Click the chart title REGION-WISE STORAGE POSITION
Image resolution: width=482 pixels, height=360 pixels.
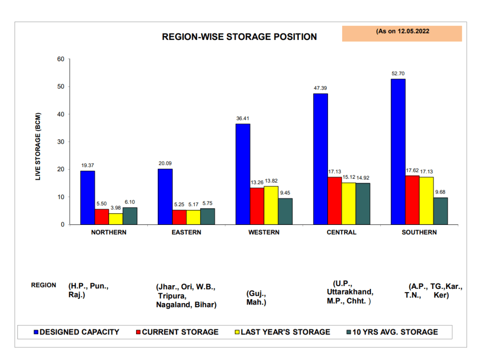click(239, 37)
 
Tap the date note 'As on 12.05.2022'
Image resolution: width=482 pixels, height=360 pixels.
click(402, 32)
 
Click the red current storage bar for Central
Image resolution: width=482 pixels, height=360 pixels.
click(335, 200)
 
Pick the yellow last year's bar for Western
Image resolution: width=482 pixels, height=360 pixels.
click(271, 205)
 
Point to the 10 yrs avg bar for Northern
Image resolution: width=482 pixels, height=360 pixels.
click(130, 216)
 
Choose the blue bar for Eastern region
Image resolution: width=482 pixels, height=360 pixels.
click(165, 196)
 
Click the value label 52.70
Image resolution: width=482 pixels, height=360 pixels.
click(398, 74)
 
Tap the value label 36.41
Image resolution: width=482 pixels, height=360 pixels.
click(243, 119)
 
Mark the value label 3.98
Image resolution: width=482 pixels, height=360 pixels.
click(116, 208)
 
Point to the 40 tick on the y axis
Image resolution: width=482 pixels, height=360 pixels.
click(61, 114)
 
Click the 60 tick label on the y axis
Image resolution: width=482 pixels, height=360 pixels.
click(61, 59)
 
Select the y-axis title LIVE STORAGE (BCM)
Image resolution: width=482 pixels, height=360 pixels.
click(39, 146)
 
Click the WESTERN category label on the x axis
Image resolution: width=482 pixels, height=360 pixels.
click(264, 232)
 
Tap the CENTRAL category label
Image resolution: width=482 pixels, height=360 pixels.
click(342, 232)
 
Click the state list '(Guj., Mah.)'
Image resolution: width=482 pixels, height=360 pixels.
click(257, 298)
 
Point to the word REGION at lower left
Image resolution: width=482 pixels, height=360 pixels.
click(43, 285)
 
